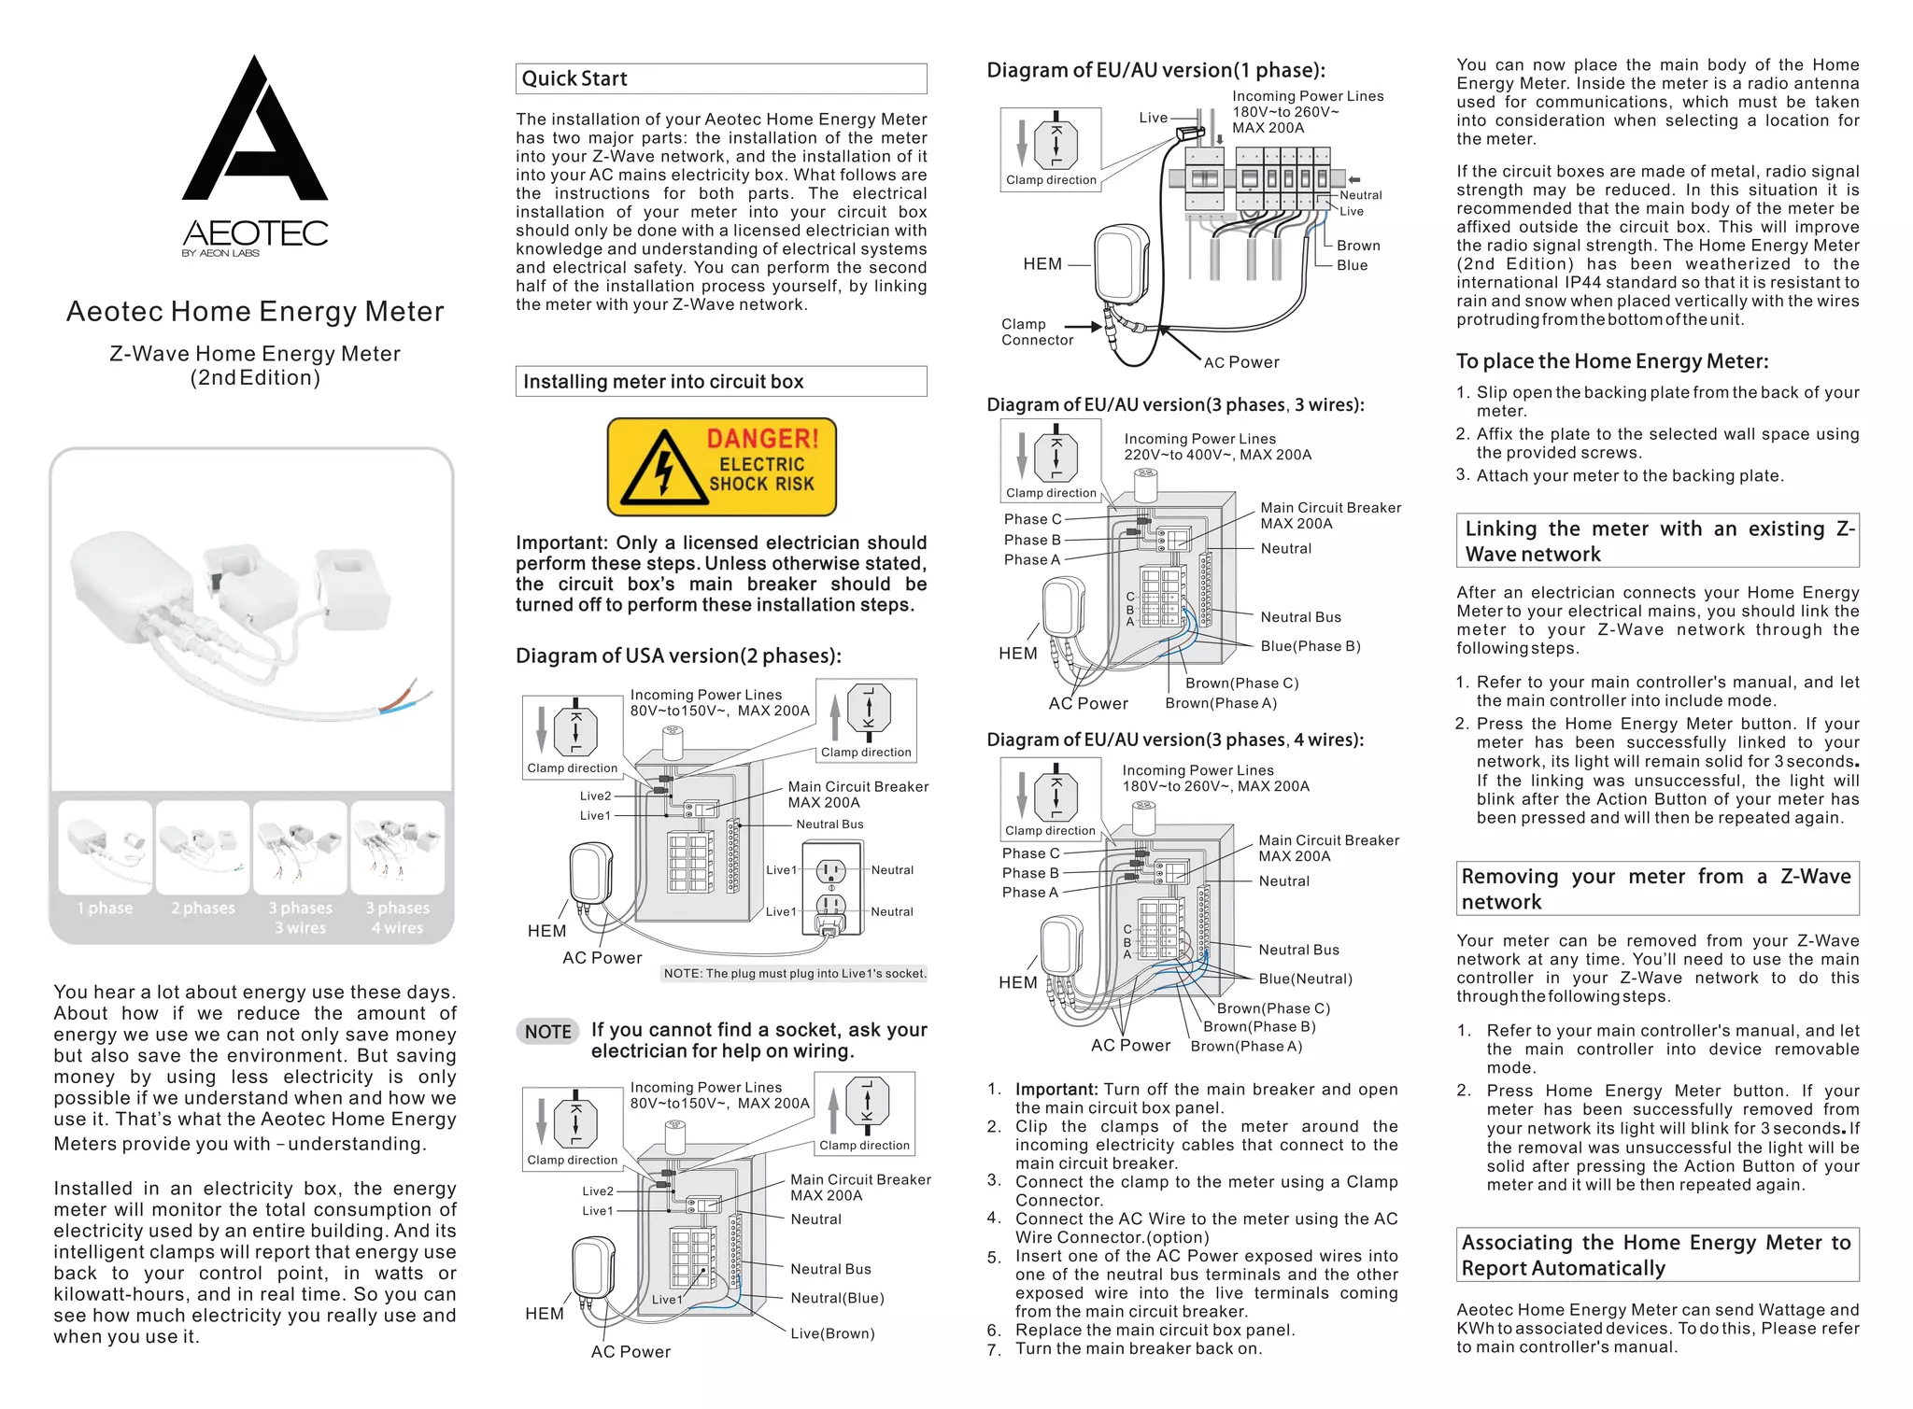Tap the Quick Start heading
pos(574,78)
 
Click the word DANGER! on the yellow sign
pos(762,438)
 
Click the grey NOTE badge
pos(547,1032)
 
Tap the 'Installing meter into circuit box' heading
pos(663,381)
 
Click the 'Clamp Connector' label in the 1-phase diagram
pos(1036,331)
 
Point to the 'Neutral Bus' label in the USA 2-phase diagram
pos(829,824)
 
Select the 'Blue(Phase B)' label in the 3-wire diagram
pos(1310,646)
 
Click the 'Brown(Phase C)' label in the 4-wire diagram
pos(1273,1008)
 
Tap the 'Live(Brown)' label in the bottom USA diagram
pos(832,1333)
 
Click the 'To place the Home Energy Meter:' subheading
pos(1612,361)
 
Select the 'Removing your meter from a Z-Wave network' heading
pos(1657,889)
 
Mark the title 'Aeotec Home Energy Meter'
pos(255,312)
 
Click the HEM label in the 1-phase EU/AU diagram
pos(1042,264)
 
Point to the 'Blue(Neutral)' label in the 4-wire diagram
pos(1305,979)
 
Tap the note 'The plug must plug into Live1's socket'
pos(795,974)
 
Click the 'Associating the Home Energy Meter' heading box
pos(1657,1255)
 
